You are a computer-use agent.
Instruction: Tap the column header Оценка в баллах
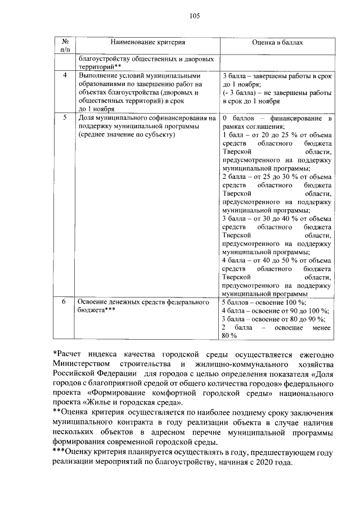coord(277,42)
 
